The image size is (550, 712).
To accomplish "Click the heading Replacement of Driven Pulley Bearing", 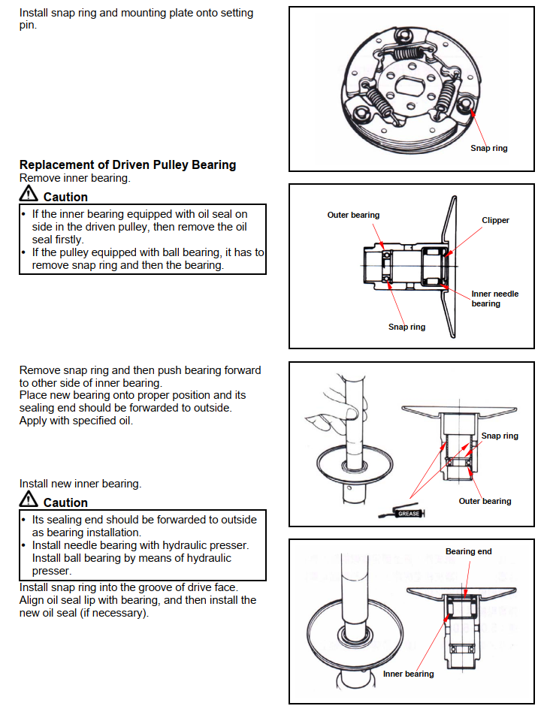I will point(128,164).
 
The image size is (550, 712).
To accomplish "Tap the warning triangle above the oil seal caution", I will point(29,195).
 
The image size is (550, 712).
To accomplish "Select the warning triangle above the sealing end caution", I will point(29,500).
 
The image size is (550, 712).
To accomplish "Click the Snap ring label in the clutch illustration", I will point(488,148).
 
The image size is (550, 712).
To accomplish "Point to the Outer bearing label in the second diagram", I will point(353,215).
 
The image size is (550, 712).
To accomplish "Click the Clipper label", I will point(495,220).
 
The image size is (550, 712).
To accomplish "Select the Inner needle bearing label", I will point(494,299).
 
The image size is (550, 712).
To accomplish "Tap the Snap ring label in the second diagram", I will point(406,327).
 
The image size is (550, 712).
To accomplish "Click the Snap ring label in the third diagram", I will point(500,436).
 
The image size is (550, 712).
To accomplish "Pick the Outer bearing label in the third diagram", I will point(485,501).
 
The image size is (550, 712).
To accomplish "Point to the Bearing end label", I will point(468,551).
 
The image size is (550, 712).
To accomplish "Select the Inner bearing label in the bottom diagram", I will point(408,674).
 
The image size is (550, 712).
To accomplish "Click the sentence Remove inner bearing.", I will point(74,178).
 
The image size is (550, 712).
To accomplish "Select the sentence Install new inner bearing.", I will point(80,483).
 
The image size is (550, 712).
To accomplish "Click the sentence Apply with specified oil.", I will point(76,421).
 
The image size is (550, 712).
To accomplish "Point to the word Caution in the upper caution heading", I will point(65,197).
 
